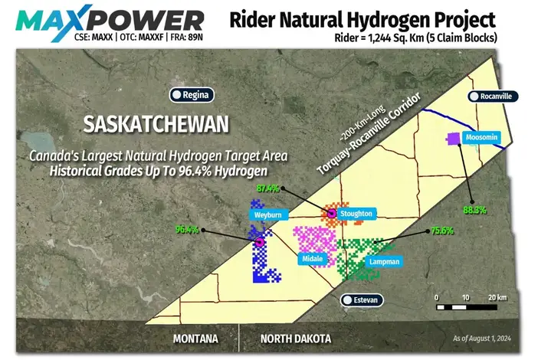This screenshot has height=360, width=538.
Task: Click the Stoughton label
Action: (x=356, y=214)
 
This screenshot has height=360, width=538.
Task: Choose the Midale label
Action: (x=312, y=260)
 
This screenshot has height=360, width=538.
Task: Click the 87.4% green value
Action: (x=267, y=188)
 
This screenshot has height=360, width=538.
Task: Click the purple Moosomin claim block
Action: (x=453, y=139)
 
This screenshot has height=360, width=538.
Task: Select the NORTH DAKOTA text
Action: (x=295, y=339)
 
